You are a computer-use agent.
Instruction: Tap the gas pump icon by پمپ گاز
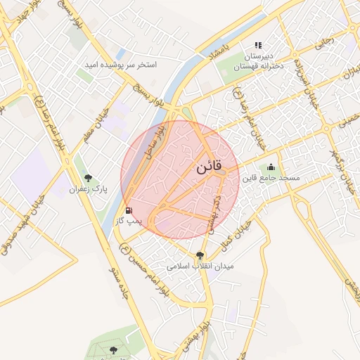coord(128,210)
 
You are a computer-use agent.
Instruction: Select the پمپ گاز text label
coord(129,221)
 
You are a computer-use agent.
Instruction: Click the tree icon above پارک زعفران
coord(87,179)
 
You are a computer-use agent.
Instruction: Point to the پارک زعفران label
coord(86,189)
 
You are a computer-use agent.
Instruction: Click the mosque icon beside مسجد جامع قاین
coord(271,167)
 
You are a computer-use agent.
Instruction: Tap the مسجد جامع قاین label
coord(271,179)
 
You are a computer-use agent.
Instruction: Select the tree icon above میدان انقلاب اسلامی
coord(200,256)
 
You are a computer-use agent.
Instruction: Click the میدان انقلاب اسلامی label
coord(200,267)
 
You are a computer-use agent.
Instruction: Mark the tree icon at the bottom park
coord(114,349)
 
